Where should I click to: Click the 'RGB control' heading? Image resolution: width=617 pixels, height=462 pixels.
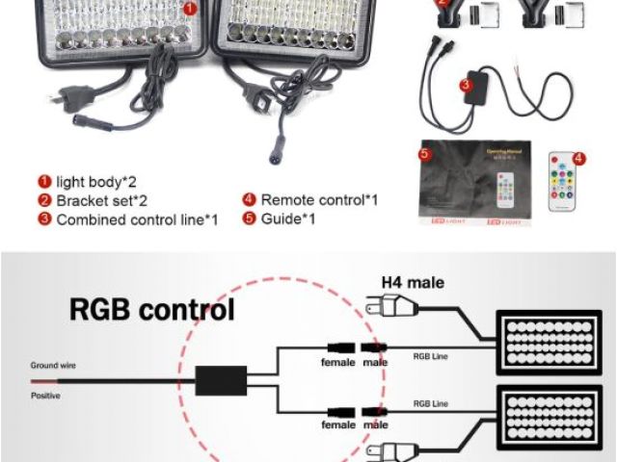[x=151, y=310]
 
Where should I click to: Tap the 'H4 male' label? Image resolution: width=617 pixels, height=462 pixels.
[x=413, y=282]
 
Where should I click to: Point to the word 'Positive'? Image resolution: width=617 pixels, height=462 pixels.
[x=42, y=394]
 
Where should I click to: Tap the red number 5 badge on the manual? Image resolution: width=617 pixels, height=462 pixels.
[x=423, y=154]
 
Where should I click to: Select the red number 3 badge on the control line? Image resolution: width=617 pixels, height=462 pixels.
[x=466, y=85]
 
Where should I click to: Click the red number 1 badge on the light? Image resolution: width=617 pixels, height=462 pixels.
[x=190, y=8]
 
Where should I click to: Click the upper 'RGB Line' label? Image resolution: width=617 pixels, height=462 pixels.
[x=429, y=356]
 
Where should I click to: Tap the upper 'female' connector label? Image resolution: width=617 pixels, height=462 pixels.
[x=338, y=363]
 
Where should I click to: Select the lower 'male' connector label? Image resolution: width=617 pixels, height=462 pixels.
[x=376, y=424]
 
